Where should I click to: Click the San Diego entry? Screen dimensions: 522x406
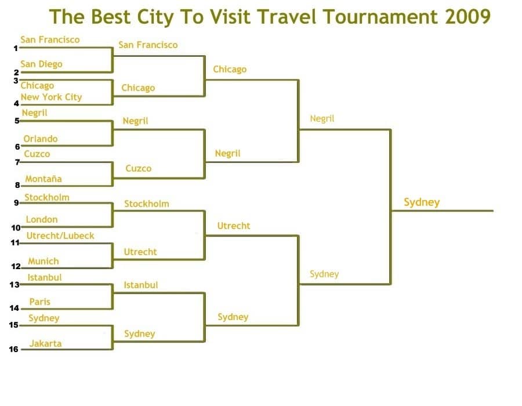coord(41,64)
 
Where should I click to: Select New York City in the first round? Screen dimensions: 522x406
coord(51,97)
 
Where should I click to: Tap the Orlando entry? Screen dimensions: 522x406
coord(40,139)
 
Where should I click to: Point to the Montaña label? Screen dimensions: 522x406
coord(43,179)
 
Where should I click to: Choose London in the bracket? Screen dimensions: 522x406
coord(42,219)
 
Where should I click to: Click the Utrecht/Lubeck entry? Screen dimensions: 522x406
coord(60,236)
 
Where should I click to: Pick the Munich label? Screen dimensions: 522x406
coord(43,261)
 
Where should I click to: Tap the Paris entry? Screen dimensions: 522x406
coord(39,302)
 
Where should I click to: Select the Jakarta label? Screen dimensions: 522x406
coord(45,343)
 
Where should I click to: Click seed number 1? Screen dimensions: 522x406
coord(16,48)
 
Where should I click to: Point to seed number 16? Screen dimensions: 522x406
coord(14,349)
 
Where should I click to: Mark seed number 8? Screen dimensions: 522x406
coord(17,185)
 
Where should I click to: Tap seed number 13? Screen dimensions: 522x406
coord(14,285)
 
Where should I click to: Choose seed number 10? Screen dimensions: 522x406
coord(16,227)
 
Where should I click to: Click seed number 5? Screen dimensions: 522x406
coord(17,121)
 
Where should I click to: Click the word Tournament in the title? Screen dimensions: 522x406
coord(380,16)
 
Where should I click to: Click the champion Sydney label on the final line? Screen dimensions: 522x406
coord(422,202)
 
